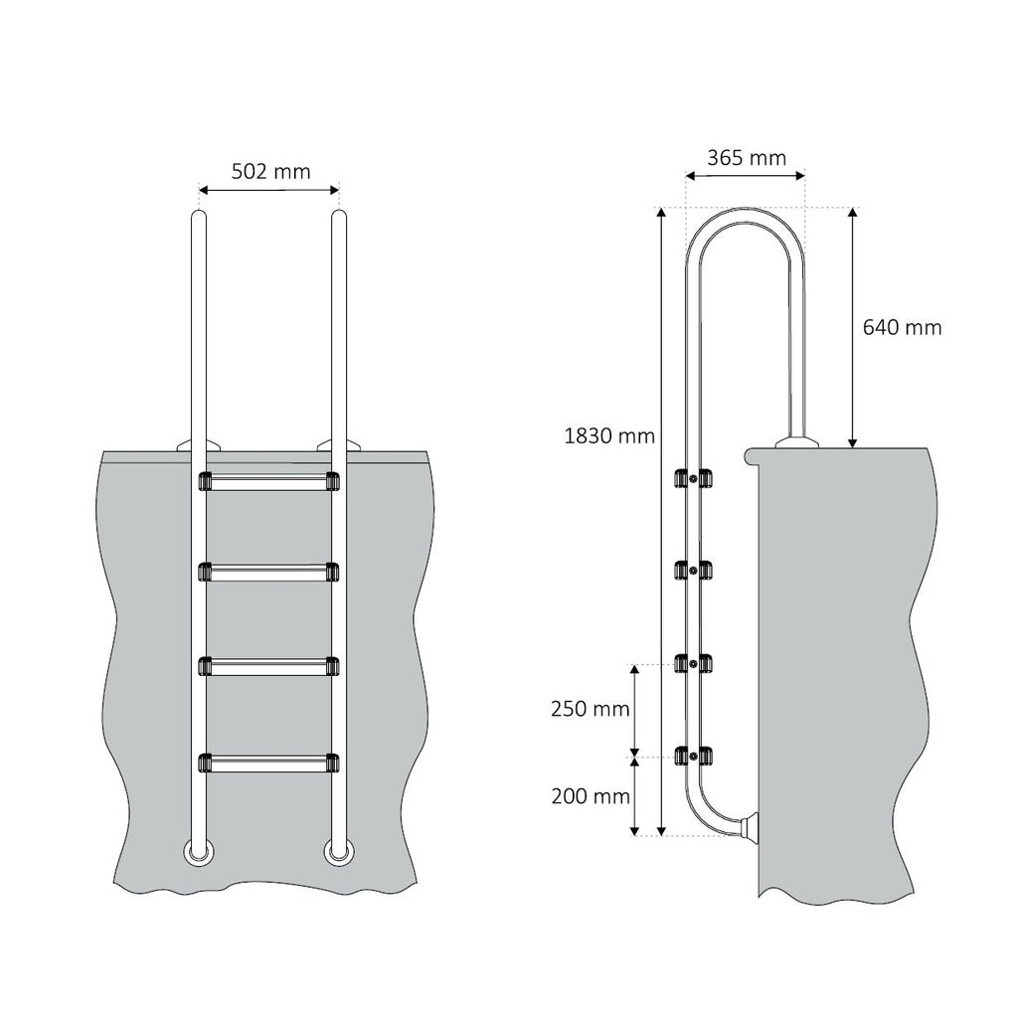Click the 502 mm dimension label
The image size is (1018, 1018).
pos(270,171)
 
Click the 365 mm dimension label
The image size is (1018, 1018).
pos(746,157)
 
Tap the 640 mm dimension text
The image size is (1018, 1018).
pos(901,327)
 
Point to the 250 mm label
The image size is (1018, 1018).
pos(590,709)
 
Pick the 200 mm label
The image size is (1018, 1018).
pos(590,795)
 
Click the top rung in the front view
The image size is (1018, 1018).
pos(269,482)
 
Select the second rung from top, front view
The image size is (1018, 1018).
pos(269,573)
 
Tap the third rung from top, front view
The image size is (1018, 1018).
pos(269,665)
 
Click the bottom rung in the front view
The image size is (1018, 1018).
pos(269,763)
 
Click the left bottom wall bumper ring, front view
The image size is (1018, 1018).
pos(197,851)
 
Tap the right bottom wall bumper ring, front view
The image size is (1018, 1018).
pos(337,851)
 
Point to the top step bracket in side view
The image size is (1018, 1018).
pos(693,478)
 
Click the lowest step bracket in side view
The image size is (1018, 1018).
pos(693,757)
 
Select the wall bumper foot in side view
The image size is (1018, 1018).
pos(747,827)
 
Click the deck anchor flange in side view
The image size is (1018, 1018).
pos(796,440)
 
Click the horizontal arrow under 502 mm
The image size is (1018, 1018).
pos(269,189)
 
